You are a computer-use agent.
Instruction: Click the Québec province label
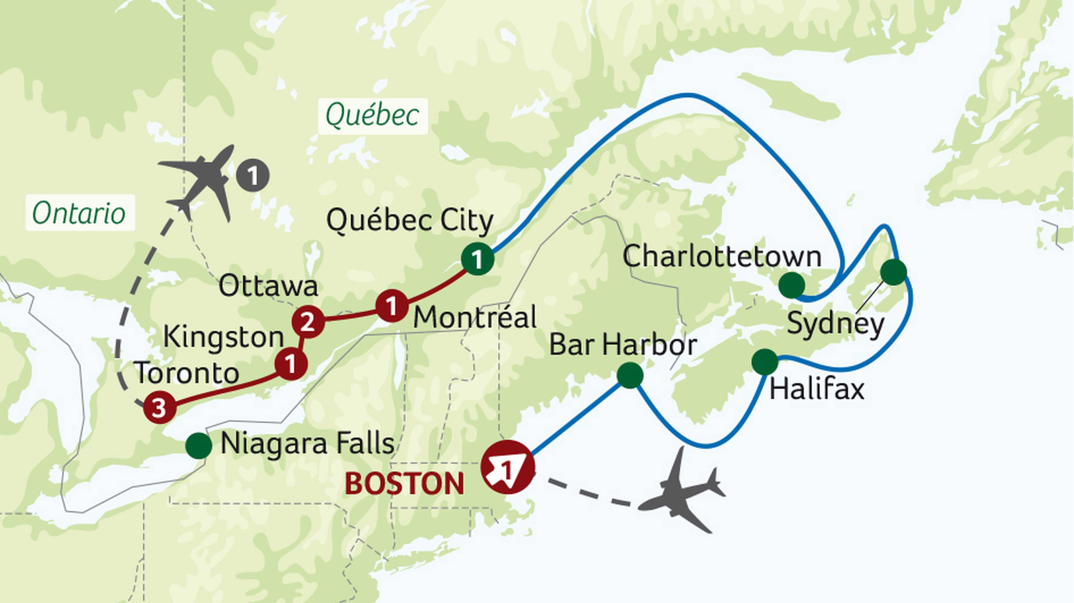(372, 116)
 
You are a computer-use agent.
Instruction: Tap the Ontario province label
(79, 213)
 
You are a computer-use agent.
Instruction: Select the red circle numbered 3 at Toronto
(159, 408)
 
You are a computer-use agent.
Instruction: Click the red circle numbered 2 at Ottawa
(308, 322)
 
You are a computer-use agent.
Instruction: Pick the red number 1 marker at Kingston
(291, 364)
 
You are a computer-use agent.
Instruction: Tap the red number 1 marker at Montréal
(392, 306)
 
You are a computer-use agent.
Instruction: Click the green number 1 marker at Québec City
(477, 259)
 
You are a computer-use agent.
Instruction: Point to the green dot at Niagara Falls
(199, 445)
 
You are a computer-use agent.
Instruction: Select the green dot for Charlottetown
(791, 285)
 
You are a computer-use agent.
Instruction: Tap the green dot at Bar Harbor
(630, 375)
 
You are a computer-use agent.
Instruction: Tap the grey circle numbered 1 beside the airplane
(253, 175)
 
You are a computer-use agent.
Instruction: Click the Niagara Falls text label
(307, 444)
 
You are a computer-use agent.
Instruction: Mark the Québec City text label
(410, 220)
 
